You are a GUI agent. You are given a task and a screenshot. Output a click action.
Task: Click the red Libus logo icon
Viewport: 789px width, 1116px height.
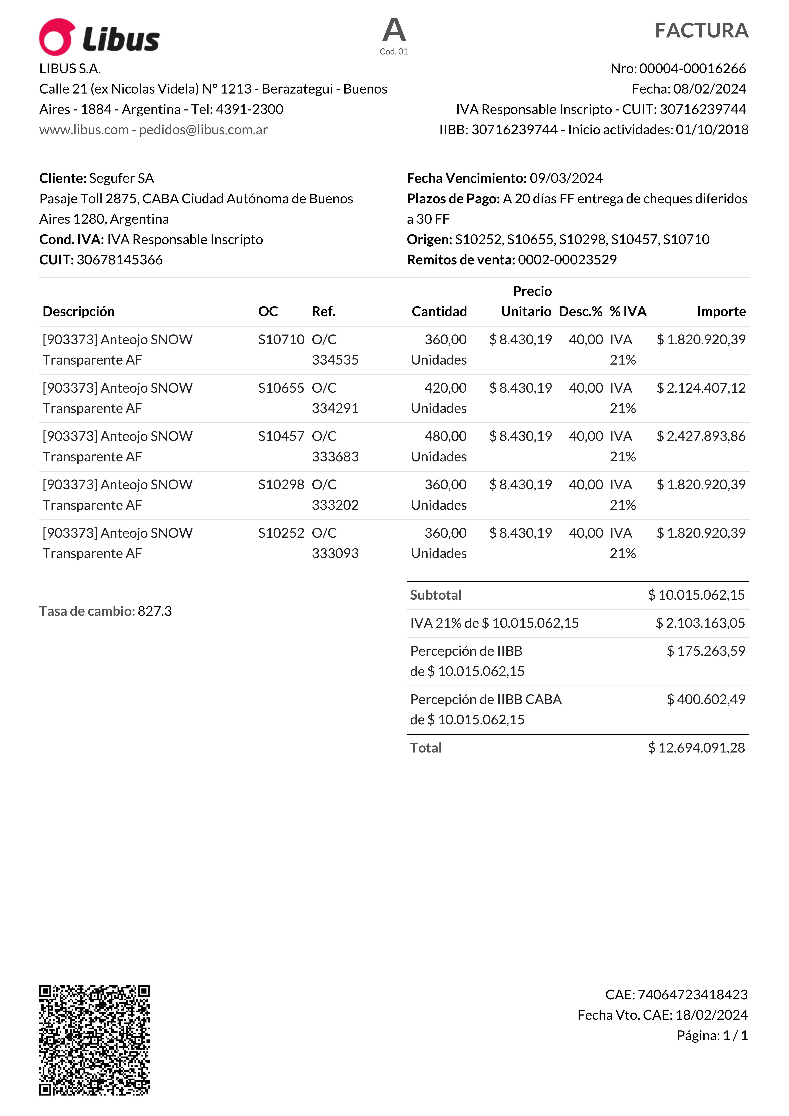pyautogui.click(x=57, y=37)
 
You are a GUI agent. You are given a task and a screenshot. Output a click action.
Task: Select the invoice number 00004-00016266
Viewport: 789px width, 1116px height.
pyautogui.click(x=692, y=69)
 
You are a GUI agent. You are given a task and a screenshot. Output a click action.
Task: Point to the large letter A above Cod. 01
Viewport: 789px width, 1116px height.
pyautogui.click(x=394, y=30)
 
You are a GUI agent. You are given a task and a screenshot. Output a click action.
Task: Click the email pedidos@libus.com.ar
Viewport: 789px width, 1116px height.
pyautogui.click(x=203, y=130)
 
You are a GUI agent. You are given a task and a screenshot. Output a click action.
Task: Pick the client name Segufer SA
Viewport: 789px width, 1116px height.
pyautogui.click(x=121, y=178)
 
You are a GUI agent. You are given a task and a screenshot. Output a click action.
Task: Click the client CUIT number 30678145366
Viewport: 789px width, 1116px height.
pyautogui.click(x=120, y=260)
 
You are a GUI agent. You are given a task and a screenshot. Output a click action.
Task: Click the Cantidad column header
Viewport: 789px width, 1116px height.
pyautogui.click(x=439, y=312)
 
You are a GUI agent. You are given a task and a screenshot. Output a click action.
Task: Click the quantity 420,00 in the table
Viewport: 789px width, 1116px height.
pyautogui.click(x=445, y=388)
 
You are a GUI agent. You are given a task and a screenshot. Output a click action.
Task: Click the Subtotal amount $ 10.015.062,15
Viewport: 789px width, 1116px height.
pyautogui.click(x=696, y=595)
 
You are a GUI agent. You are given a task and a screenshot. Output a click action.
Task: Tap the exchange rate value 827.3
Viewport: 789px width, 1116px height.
pyautogui.click(x=155, y=611)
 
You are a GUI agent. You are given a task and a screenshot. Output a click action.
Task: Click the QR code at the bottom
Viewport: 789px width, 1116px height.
pyautogui.click(x=94, y=1040)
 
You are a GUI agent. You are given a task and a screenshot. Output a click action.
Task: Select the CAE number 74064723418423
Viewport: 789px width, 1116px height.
pyautogui.click(x=692, y=995)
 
